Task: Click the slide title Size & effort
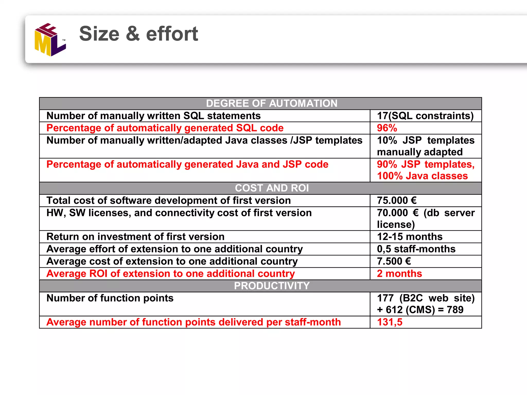[138, 34]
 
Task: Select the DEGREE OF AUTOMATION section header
[271, 103]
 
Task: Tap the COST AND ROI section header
[271, 188]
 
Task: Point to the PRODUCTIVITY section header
[271, 286]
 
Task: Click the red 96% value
[387, 128]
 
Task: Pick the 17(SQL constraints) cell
[425, 116]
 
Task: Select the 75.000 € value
[397, 200]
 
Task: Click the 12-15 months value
[410, 237]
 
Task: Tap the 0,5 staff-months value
[416, 249]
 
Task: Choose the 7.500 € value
[394, 261]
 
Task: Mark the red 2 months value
[399, 274]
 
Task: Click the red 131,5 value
[390, 322]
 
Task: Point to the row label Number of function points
[110, 298]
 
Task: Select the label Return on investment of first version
[135, 237]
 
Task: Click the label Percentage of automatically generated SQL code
[165, 128]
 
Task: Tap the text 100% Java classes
[422, 176]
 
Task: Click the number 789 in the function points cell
[455, 310]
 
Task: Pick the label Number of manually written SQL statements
[153, 116]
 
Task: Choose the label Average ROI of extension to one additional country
[170, 274]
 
